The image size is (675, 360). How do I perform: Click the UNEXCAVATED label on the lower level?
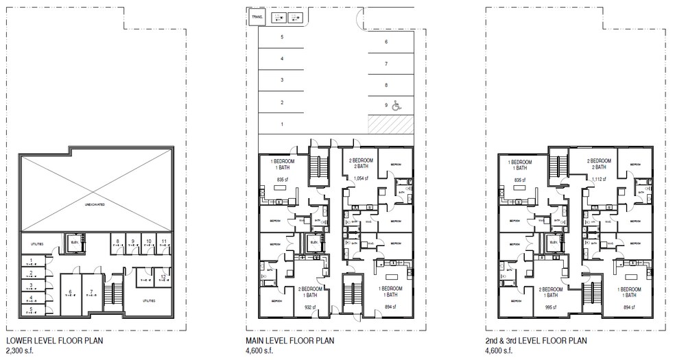pyautogui.click(x=95, y=205)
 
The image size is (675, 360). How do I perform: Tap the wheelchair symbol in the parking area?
pyautogui.click(x=394, y=106)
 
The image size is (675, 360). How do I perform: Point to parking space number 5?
pyautogui.click(x=282, y=37)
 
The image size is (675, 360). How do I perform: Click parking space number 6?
pyautogui.click(x=386, y=42)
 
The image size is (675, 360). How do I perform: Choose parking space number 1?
pyautogui.click(x=282, y=124)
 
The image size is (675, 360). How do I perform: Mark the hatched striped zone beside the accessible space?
pyautogui.click(x=390, y=124)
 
